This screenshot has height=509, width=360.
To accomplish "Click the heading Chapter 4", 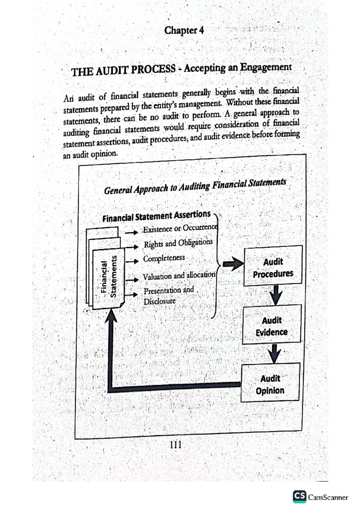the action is [x=184, y=30].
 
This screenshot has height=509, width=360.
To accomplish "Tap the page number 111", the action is [x=175, y=445].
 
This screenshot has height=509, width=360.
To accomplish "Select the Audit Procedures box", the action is [x=273, y=266].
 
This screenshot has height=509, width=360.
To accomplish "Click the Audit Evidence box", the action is [x=271, y=325].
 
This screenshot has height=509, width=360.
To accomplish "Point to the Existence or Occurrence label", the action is [x=180, y=228].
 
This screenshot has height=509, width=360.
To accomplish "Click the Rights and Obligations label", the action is [x=178, y=243].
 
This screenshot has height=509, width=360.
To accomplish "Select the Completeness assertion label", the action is [x=164, y=258].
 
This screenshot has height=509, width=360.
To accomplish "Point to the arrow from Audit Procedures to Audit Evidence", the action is [x=275, y=295].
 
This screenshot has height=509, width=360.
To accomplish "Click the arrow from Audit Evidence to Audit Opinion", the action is [x=274, y=353].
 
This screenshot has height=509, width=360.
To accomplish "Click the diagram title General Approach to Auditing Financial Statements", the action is [x=195, y=186].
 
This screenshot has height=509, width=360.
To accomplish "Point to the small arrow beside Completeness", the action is [x=132, y=261].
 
